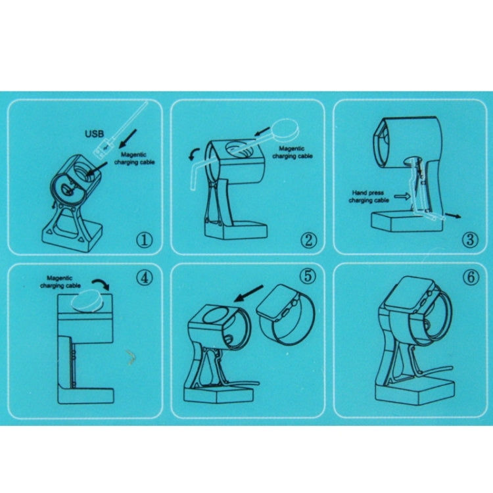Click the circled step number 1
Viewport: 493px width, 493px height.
click(x=144, y=240)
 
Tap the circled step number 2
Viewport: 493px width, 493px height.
click(x=308, y=240)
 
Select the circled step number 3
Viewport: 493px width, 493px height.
click(x=470, y=239)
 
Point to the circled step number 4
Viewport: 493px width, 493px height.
click(x=145, y=277)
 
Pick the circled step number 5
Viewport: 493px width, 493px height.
click(x=308, y=275)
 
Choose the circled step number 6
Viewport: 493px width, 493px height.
click(x=471, y=277)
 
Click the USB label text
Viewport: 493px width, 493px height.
click(x=94, y=134)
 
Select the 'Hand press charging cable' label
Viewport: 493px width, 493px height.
click(x=369, y=197)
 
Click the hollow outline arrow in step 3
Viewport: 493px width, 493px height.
click(x=402, y=197)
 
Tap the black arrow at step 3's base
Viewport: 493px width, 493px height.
click(x=454, y=216)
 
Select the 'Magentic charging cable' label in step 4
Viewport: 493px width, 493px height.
click(x=60, y=282)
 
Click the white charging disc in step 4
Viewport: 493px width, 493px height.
click(x=87, y=300)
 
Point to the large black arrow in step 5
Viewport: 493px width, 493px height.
click(x=248, y=293)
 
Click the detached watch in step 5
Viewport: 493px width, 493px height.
click(x=285, y=314)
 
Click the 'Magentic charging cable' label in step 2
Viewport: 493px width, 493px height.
click(x=293, y=153)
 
